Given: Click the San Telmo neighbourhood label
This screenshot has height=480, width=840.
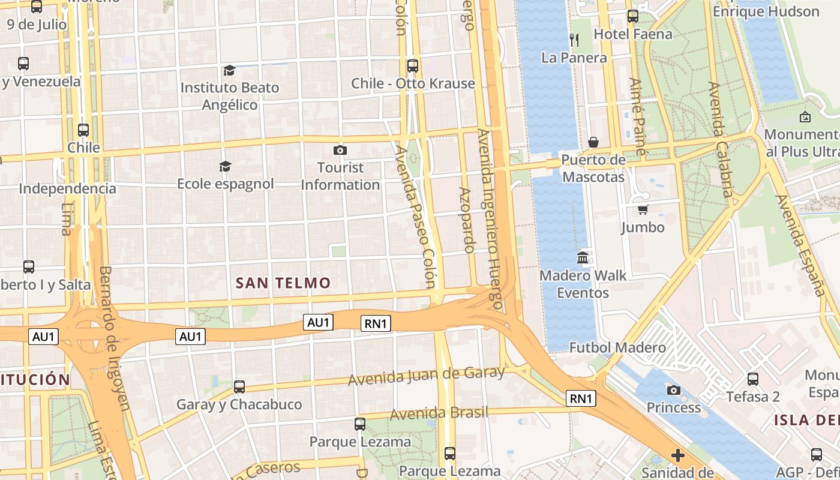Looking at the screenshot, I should (x=283, y=283).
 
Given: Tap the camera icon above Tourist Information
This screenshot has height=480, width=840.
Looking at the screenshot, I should (x=340, y=150).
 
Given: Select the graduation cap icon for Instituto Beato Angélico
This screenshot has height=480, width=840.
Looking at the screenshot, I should (x=229, y=71).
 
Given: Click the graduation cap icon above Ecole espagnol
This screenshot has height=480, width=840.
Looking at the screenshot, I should (x=225, y=166).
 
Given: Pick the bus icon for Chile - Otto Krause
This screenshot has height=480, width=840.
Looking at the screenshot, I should (x=412, y=66).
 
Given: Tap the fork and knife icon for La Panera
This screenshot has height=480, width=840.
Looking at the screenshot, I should (x=574, y=40).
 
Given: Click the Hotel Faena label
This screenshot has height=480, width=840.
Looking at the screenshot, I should (x=633, y=34).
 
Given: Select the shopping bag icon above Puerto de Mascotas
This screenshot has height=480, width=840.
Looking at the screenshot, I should (x=593, y=142).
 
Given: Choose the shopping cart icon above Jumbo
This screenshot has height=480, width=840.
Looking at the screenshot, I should (x=643, y=209).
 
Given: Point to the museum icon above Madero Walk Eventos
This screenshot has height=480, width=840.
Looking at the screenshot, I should (x=583, y=258).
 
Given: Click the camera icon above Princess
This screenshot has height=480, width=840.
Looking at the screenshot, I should (x=673, y=391).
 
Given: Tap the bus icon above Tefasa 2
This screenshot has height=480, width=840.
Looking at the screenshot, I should (x=752, y=379).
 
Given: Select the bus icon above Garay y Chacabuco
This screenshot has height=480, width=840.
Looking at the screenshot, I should (x=239, y=387).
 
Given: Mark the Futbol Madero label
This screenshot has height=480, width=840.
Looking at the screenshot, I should (x=617, y=347).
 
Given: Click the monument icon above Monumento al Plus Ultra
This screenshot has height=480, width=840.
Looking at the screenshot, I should (x=805, y=117).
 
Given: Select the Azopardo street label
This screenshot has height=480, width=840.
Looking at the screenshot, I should (x=467, y=220).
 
